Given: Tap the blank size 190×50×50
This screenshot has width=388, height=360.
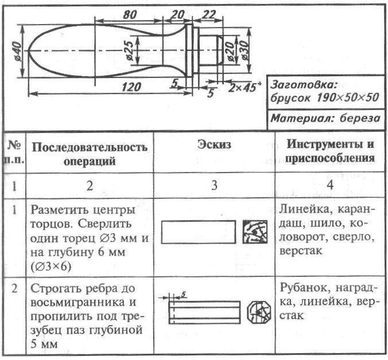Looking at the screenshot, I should point(347,97).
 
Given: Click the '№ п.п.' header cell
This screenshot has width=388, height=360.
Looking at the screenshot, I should point(12,152).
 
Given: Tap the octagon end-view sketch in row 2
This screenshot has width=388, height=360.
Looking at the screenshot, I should point(256,312).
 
